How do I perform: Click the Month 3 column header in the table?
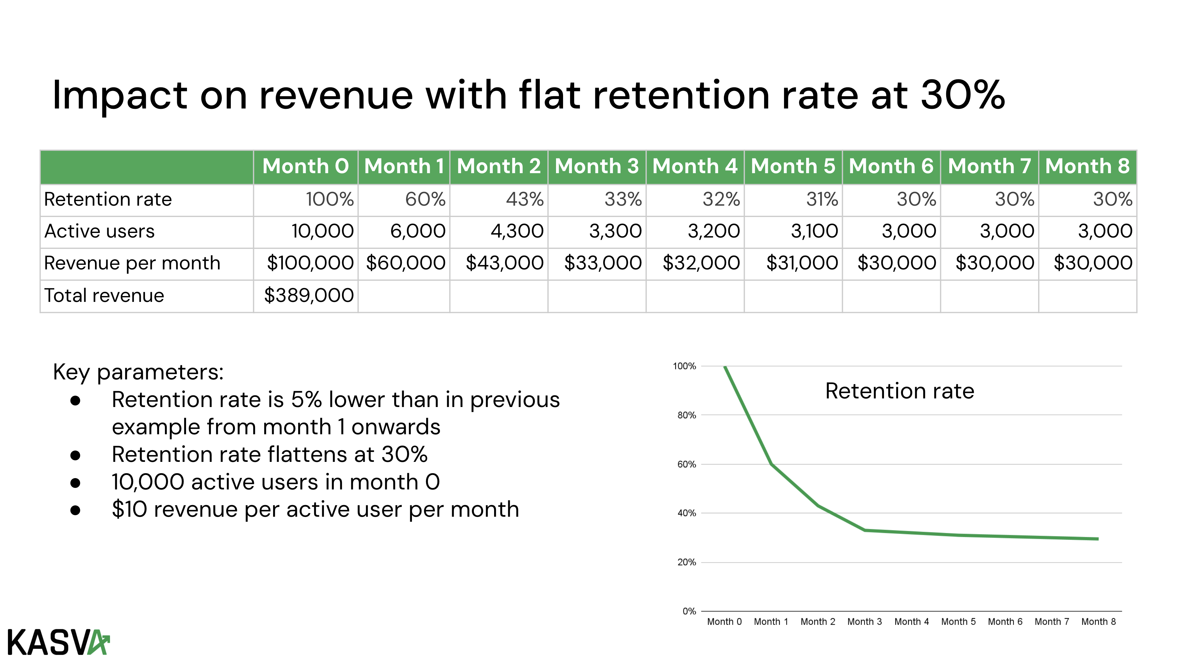coord(597,166)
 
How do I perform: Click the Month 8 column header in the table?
coord(1087,166)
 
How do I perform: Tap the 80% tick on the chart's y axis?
coord(686,415)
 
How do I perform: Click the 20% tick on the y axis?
coord(686,562)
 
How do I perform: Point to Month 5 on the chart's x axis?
coord(958,622)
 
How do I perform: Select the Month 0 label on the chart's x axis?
coord(724,622)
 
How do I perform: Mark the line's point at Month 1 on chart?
coord(771,464)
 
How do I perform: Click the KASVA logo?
coord(59,642)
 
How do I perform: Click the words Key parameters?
coord(138,372)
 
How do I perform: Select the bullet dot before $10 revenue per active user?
coord(75,510)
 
